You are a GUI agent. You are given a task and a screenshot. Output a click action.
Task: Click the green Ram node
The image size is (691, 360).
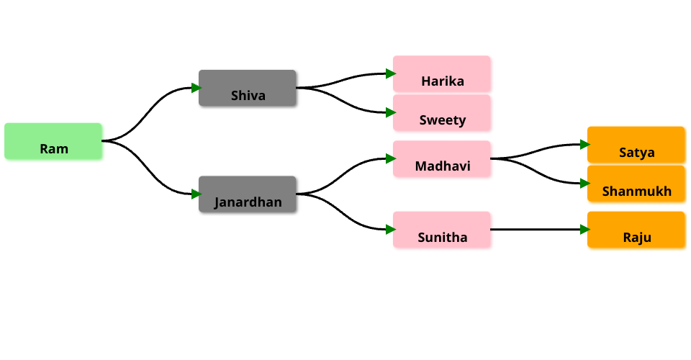[x=53, y=141]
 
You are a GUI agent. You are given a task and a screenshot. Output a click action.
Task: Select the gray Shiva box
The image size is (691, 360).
[x=247, y=88]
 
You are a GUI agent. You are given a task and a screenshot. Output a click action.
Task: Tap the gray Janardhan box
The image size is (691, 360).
[x=247, y=194]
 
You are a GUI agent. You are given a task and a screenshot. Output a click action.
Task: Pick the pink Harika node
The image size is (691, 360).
[x=441, y=74]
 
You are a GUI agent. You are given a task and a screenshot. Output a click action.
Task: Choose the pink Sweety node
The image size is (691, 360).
[x=441, y=113]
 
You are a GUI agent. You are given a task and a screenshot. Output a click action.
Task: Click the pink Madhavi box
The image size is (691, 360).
[x=441, y=158]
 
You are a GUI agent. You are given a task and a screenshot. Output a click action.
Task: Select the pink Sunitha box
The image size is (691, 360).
[x=441, y=230]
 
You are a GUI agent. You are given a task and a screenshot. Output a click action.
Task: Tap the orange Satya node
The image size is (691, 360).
[x=636, y=145]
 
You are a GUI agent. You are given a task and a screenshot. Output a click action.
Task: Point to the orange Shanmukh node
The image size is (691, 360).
[x=636, y=184]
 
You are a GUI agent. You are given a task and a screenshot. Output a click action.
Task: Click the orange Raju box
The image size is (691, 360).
[x=636, y=230]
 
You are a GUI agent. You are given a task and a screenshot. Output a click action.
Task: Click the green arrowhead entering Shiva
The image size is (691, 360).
[x=197, y=88]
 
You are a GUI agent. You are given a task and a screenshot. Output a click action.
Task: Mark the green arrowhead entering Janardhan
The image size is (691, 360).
[x=197, y=194]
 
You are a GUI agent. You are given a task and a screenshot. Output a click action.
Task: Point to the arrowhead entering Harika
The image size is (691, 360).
[x=391, y=73]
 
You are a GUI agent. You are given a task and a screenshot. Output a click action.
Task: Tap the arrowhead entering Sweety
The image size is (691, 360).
[x=391, y=112]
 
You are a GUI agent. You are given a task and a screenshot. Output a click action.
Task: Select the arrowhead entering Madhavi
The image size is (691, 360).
[x=391, y=158]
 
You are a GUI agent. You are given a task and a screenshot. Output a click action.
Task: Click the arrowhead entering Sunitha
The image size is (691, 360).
[x=391, y=229]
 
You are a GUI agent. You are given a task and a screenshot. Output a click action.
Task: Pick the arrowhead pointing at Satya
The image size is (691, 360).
[x=585, y=144]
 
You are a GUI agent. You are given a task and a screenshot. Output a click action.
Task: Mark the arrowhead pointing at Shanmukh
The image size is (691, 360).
[x=585, y=184]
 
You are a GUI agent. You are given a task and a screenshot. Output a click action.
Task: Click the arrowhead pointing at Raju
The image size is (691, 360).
[x=585, y=229]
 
